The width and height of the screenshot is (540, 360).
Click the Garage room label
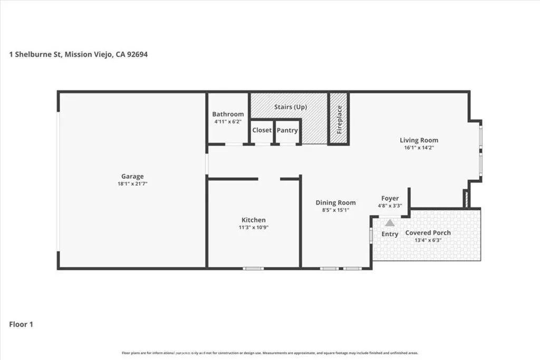coord(132,177)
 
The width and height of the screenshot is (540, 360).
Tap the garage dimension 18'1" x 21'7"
coord(132,184)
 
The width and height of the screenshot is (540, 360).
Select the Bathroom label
coord(228,114)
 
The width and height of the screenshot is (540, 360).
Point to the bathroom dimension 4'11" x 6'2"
coord(228,122)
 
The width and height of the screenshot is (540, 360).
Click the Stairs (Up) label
coord(290,107)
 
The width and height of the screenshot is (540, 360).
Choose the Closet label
coord(262,130)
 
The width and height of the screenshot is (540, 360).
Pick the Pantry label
coord(287,130)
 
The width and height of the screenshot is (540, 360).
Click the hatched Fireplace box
coord(339,119)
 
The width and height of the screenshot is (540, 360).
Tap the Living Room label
coord(419,140)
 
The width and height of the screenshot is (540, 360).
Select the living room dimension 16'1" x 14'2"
coord(419,148)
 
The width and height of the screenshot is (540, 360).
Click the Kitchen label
coord(254,220)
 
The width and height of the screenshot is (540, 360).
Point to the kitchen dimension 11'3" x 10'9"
coord(254,228)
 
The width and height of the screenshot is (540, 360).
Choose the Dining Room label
coord(335,202)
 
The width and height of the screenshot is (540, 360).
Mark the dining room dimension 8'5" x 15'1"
coord(335,210)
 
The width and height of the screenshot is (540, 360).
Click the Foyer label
coord(390,198)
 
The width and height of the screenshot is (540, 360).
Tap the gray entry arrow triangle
coord(390,223)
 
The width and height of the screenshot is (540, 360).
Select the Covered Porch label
coord(428,233)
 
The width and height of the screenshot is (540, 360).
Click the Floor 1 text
coord(21,325)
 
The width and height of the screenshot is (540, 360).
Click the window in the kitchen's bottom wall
coord(253,268)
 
